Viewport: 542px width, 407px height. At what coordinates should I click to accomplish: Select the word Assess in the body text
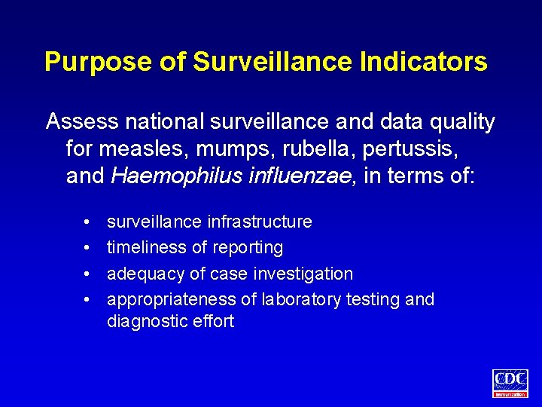pyautogui.click(x=81, y=121)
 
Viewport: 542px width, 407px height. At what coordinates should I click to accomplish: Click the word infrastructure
pyautogui.click(x=258, y=222)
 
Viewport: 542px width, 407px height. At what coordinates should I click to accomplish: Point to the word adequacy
pyautogui.click(x=141, y=274)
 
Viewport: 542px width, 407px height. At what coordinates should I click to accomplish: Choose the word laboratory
pyautogui.click(x=300, y=299)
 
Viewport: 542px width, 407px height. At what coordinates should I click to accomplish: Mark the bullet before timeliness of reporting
pyautogui.click(x=88, y=248)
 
